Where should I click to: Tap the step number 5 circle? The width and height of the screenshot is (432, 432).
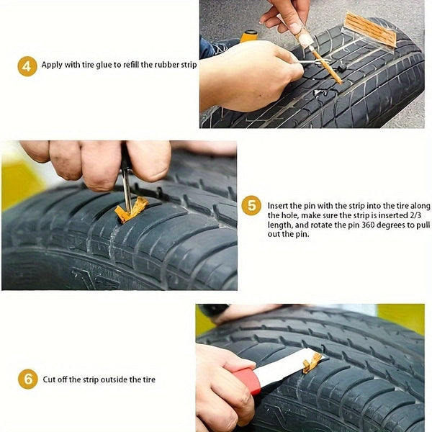click(251, 205)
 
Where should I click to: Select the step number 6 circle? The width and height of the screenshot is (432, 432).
click(27, 379)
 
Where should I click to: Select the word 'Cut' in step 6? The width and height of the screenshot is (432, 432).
click(49, 379)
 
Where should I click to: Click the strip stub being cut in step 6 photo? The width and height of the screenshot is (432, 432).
click(312, 361)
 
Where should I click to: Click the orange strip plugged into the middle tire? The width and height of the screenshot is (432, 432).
click(131, 210)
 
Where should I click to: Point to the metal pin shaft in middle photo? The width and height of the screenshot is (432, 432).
click(126, 186)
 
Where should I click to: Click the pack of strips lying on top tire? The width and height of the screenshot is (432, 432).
click(370, 30)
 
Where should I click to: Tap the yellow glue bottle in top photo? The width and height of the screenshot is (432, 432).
click(248, 35)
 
